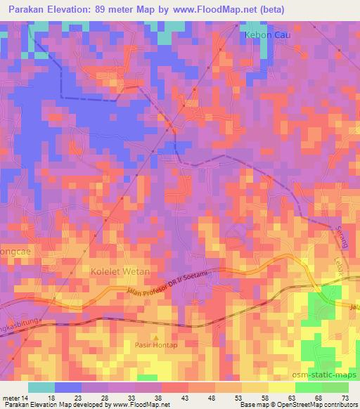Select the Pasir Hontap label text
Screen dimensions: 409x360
(157, 345)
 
